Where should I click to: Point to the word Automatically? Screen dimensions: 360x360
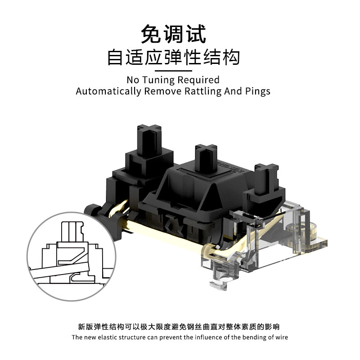[x=108, y=91]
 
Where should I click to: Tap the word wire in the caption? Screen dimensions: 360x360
[x=280, y=337]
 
